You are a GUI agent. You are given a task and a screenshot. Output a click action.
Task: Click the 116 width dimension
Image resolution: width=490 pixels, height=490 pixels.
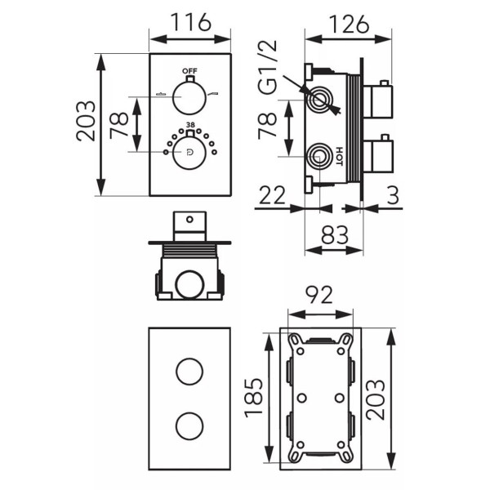click(190, 22)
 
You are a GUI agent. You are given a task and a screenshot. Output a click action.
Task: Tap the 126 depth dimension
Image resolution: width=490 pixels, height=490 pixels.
click(350, 24)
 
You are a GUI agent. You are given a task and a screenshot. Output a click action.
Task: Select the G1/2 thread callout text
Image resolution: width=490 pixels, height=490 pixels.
click(268, 67)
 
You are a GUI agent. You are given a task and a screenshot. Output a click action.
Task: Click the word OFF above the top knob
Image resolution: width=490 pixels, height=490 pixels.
click(190, 71)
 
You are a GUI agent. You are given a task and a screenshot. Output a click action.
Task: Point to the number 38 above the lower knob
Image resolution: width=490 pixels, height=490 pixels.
click(190, 125)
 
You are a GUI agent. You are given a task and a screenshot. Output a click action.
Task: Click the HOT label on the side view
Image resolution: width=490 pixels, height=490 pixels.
click(340, 156)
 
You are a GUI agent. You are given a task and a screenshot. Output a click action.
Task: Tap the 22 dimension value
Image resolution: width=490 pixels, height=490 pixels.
click(272, 195)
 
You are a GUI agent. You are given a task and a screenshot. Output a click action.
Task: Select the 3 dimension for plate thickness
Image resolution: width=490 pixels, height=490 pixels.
click(394, 195)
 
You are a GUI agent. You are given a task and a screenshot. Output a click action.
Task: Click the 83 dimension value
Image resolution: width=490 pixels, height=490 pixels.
click(335, 235)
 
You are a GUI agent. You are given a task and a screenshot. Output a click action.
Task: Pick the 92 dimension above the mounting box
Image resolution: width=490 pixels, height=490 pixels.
click(319, 295)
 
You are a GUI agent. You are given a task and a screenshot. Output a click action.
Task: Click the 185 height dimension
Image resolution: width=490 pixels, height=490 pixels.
click(254, 398)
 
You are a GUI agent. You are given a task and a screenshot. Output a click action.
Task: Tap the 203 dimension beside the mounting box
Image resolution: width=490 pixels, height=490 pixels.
click(376, 399)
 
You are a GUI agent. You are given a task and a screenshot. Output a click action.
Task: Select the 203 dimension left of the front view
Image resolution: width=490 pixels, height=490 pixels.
click(86, 121)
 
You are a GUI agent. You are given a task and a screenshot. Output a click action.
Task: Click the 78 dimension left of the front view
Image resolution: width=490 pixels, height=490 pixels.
click(119, 125)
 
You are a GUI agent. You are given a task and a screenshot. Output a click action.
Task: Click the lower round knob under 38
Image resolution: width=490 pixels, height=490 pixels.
click(189, 153)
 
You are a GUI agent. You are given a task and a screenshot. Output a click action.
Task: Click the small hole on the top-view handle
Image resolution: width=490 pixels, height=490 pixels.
click(189, 220)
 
